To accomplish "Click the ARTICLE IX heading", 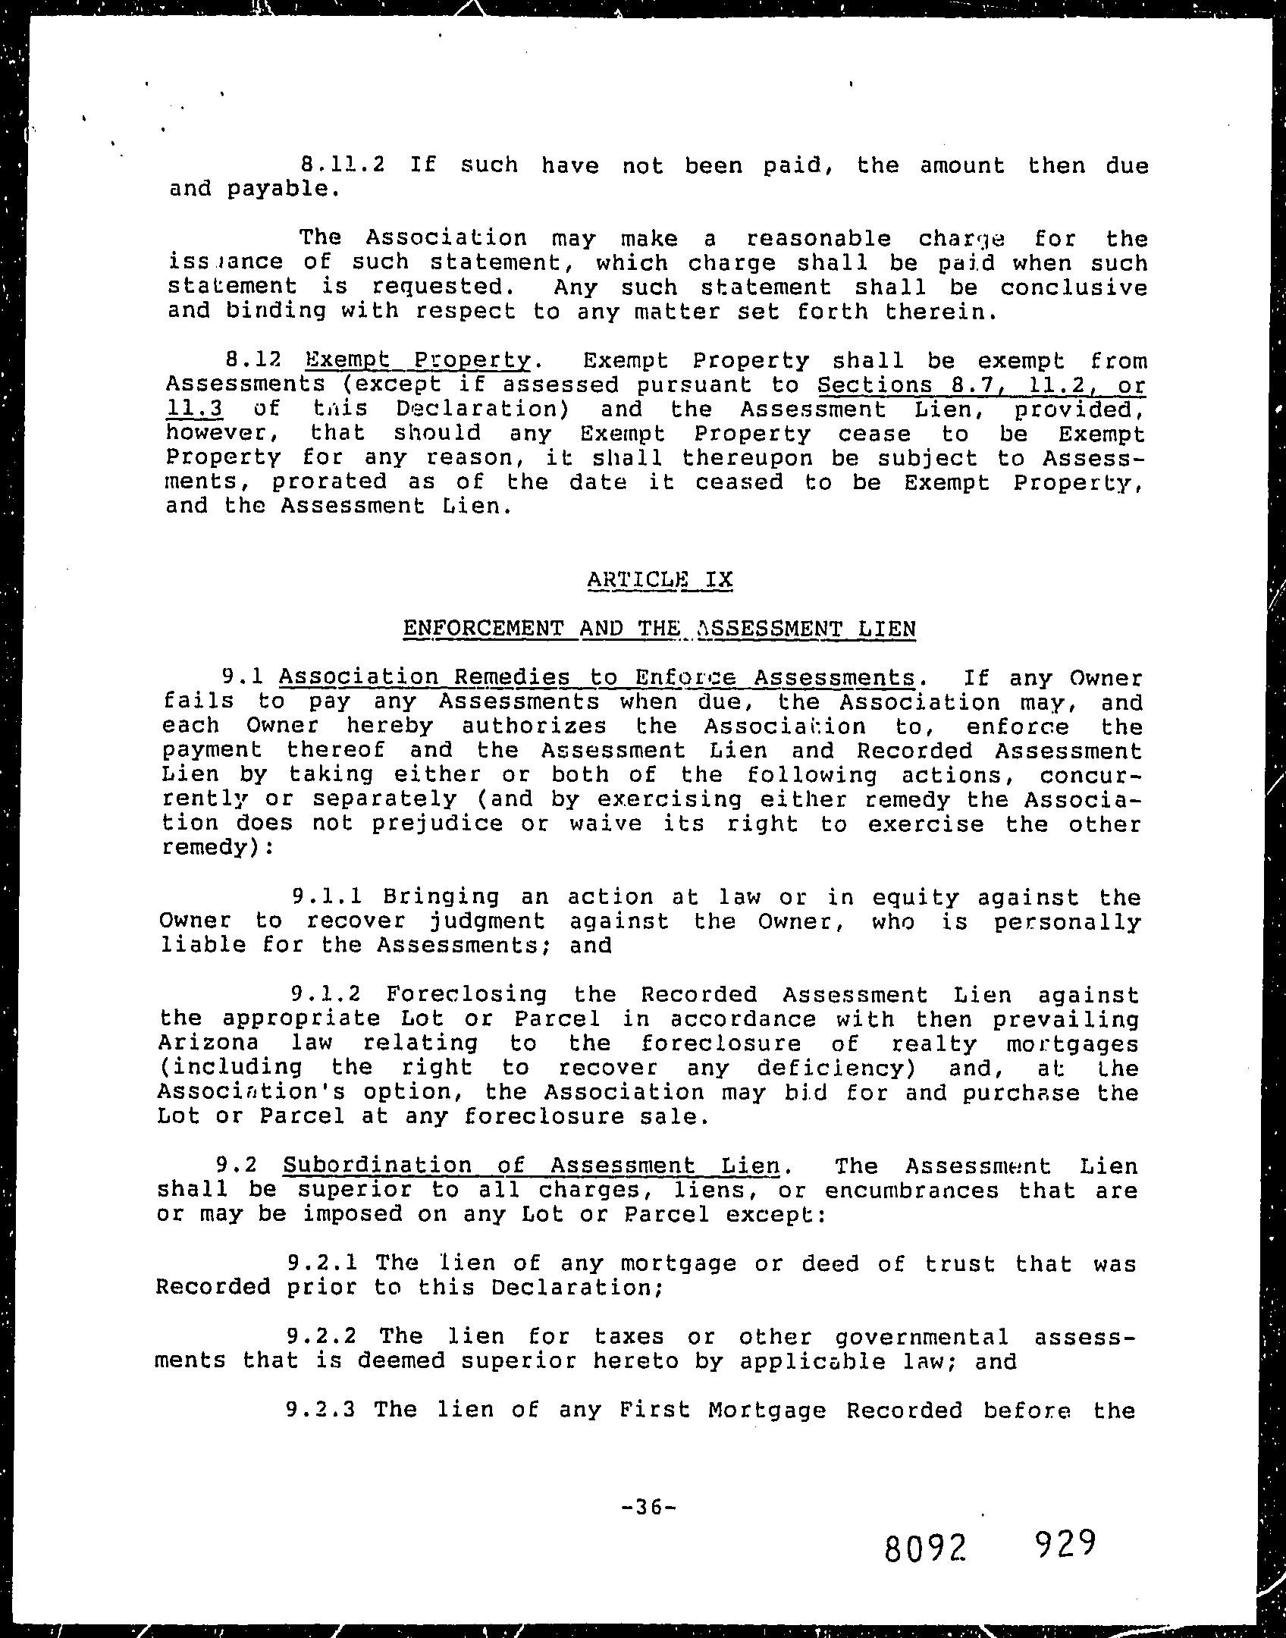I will point(660,580).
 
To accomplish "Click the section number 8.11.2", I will point(343,165).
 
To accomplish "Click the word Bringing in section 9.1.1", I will point(441,897).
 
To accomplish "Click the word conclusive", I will point(1073,288).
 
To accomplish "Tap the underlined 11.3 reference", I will point(194,409).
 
